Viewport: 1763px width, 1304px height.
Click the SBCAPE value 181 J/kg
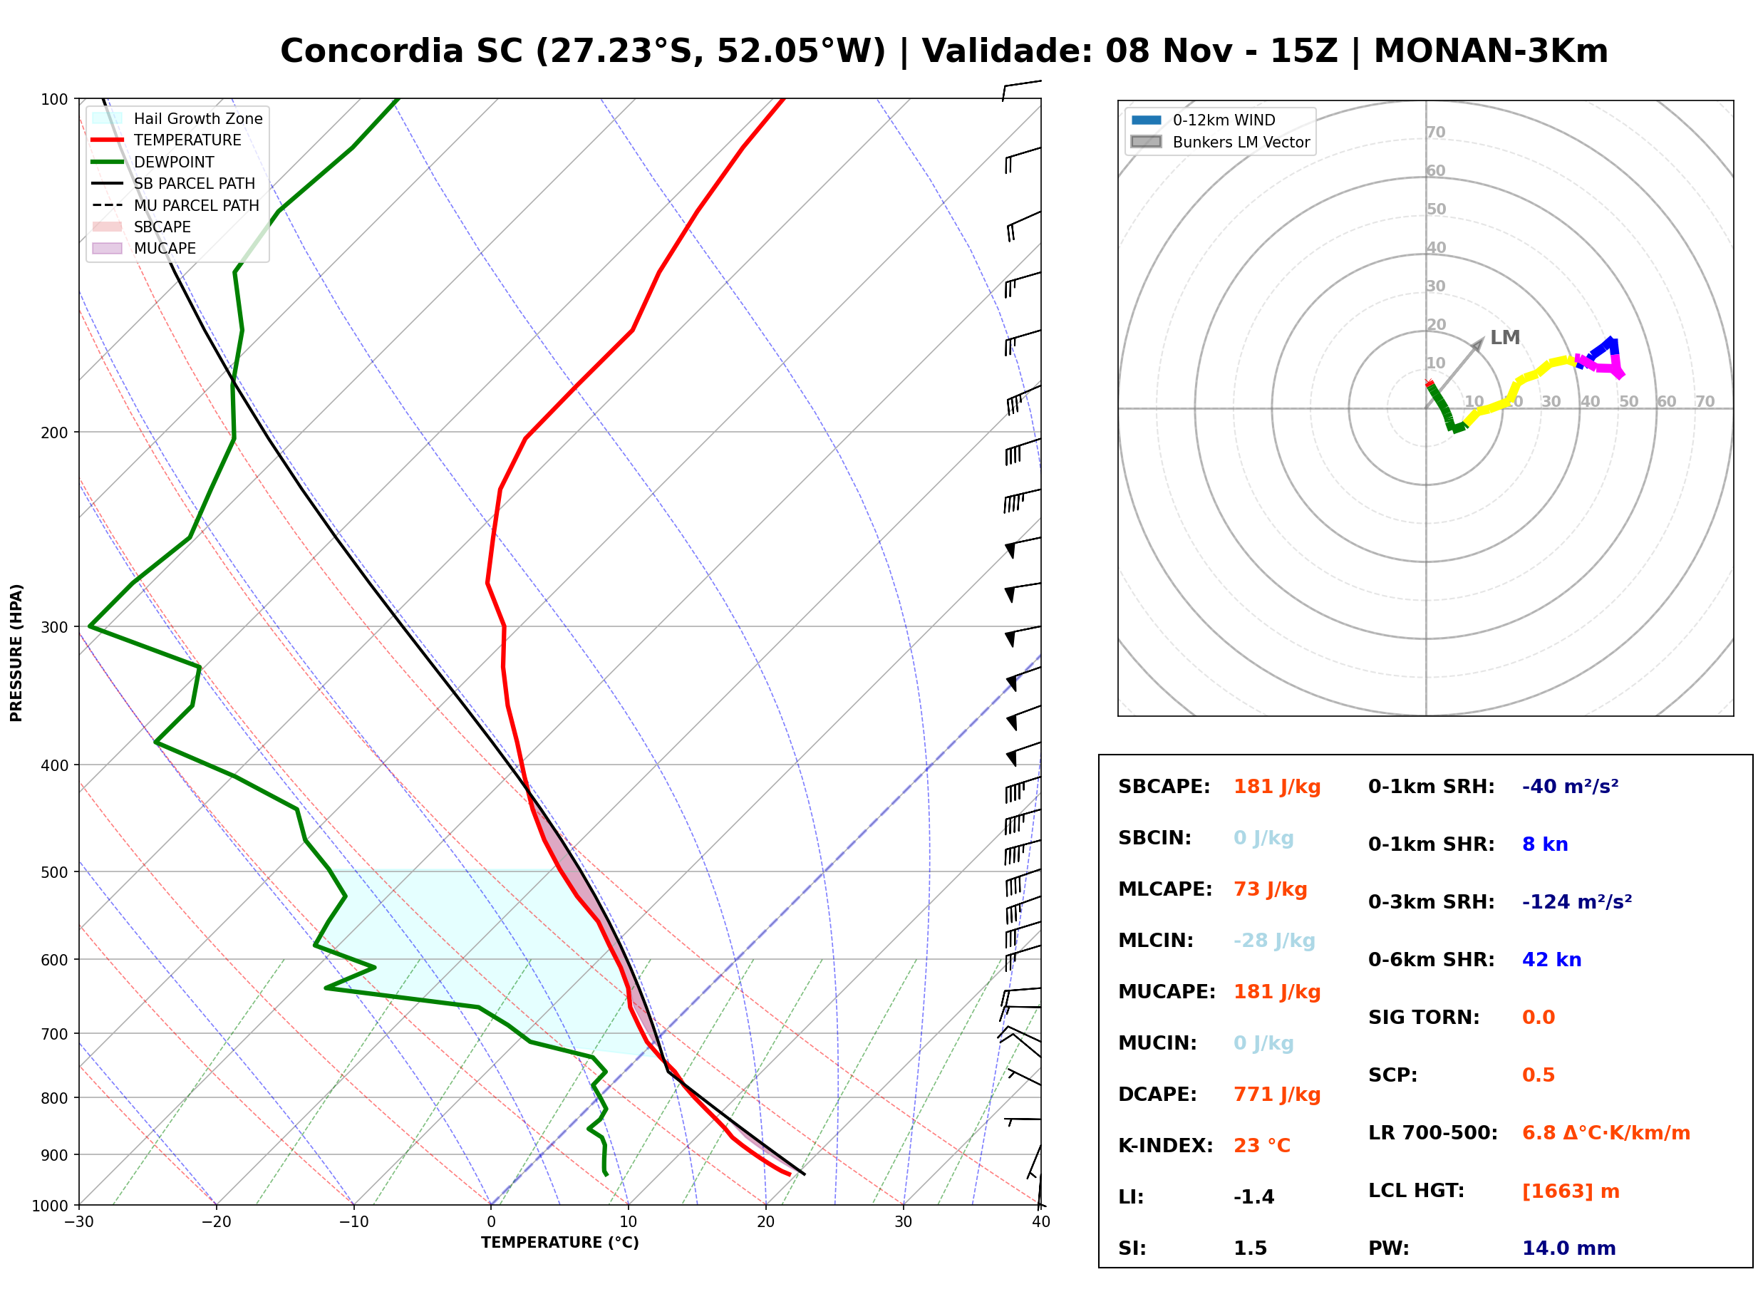[1277, 787]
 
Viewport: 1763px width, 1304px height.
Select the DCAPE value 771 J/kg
[1277, 1095]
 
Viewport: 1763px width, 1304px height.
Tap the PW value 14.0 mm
[1569, 1248]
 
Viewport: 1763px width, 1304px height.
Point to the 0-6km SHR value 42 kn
[1551, 960]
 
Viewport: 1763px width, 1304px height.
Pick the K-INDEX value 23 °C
[1262, 1146]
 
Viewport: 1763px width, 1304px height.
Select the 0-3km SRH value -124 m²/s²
[1577, 901]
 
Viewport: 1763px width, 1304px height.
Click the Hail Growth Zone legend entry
[177, 118]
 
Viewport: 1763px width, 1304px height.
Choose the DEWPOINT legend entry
[153, 162]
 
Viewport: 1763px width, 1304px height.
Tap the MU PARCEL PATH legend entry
[175, 205]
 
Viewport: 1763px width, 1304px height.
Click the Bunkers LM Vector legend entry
[1220, 142]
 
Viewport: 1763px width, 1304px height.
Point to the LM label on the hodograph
[1505, 338]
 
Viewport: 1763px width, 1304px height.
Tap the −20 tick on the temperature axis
[215, 1222]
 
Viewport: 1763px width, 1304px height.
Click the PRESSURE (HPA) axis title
[16, 653]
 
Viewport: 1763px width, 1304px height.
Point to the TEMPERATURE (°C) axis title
[560, 1243]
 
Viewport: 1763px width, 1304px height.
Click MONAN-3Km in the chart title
[1491, 51]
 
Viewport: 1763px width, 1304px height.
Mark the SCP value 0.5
[1538, 1075]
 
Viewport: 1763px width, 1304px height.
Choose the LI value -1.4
[1254, 1197]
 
